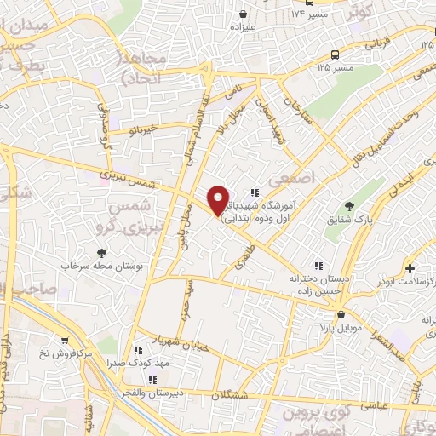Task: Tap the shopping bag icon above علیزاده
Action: coord(244,14)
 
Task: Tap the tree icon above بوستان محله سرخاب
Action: coord(102,252)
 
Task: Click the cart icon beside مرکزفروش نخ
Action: coord(64,340)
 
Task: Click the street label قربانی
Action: coord(376,43)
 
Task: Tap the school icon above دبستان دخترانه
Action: coord(319,264)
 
